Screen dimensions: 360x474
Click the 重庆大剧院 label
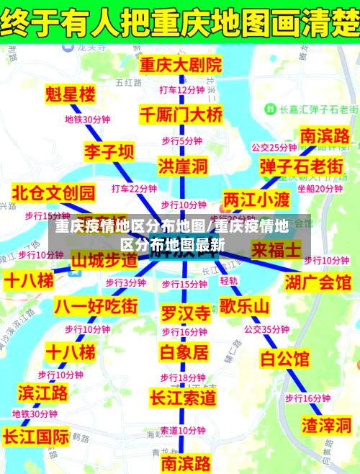(181, 65)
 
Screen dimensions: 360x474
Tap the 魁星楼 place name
(70, 94)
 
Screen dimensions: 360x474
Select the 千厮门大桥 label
(181, 114)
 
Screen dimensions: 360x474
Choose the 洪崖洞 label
(183, 166)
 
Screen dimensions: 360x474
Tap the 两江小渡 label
(256, 199)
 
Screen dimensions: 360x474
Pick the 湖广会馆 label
(318, 281)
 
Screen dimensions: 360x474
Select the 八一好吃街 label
(96, 305)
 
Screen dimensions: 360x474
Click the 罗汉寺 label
(185, 313)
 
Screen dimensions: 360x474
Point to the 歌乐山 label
(244, 307)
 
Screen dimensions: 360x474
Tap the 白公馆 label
(284, 358)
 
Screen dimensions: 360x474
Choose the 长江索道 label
(183, 397)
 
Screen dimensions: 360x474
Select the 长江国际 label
(36, 437)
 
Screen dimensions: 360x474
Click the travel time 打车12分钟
(181, 90)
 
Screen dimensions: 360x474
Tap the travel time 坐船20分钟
(320, 189)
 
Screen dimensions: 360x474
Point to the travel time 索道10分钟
(182, 430)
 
